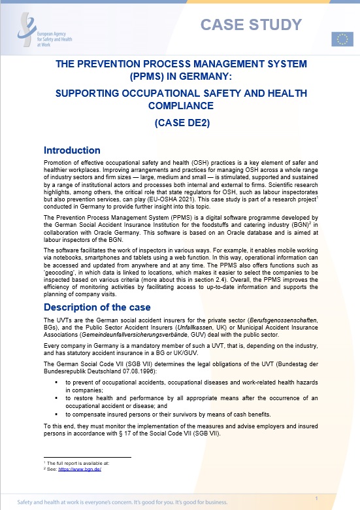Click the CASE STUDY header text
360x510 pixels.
click(251, 25)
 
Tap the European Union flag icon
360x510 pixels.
click(342, 39)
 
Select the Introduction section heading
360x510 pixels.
click(71, 150)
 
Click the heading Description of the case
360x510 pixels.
click(97, 307)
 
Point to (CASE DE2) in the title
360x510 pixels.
click(180, 122)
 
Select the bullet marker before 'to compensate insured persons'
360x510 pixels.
click(58, 414)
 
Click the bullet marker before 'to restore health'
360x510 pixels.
click(58, 399)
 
